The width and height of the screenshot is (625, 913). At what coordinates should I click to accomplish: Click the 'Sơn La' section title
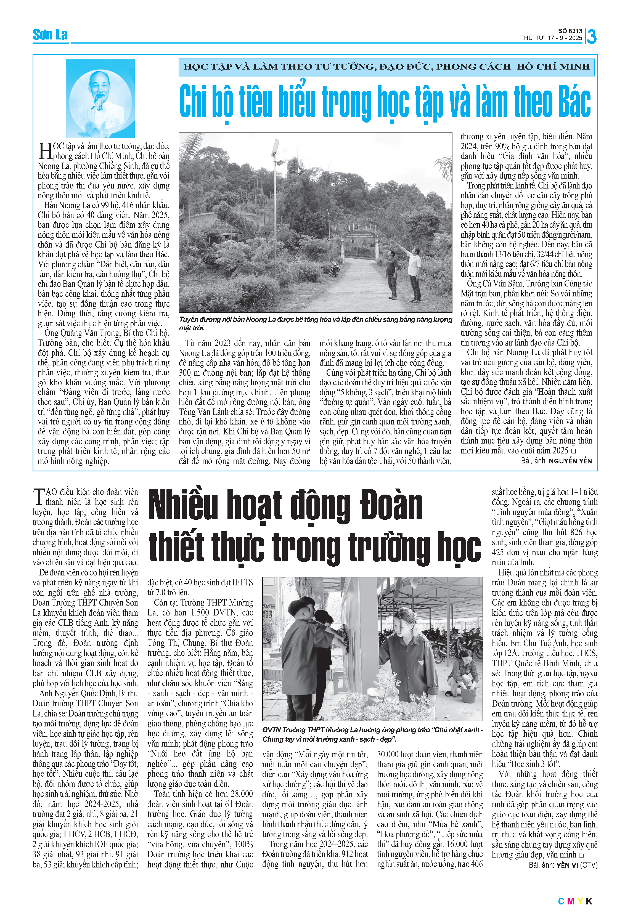[x=50, y=35]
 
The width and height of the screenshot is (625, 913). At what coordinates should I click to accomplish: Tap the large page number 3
[x=591, y=36]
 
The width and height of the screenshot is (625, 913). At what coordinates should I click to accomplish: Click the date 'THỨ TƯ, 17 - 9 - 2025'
[x=551, y=38]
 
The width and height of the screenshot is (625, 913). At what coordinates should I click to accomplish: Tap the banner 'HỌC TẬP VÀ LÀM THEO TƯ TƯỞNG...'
[x=386, y=67]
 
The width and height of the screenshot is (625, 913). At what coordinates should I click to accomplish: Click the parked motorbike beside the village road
[x=334, y=268]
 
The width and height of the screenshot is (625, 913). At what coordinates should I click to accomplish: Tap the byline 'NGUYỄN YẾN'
[x=570, y=461]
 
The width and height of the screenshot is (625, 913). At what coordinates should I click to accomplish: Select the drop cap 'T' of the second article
[x=38, y=497]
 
